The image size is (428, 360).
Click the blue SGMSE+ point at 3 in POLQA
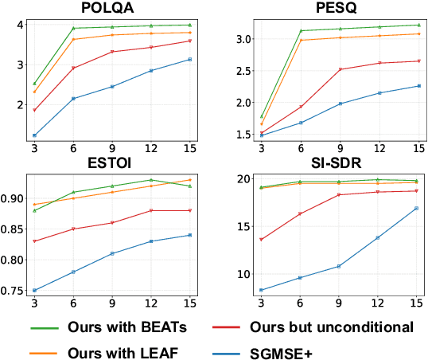pos(34,135)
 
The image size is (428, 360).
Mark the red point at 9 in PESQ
pos(340,69)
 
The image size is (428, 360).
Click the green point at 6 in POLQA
pos(73,28)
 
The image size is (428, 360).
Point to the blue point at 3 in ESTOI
pos(34,290)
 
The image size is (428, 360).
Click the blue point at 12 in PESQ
pos(379,93)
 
